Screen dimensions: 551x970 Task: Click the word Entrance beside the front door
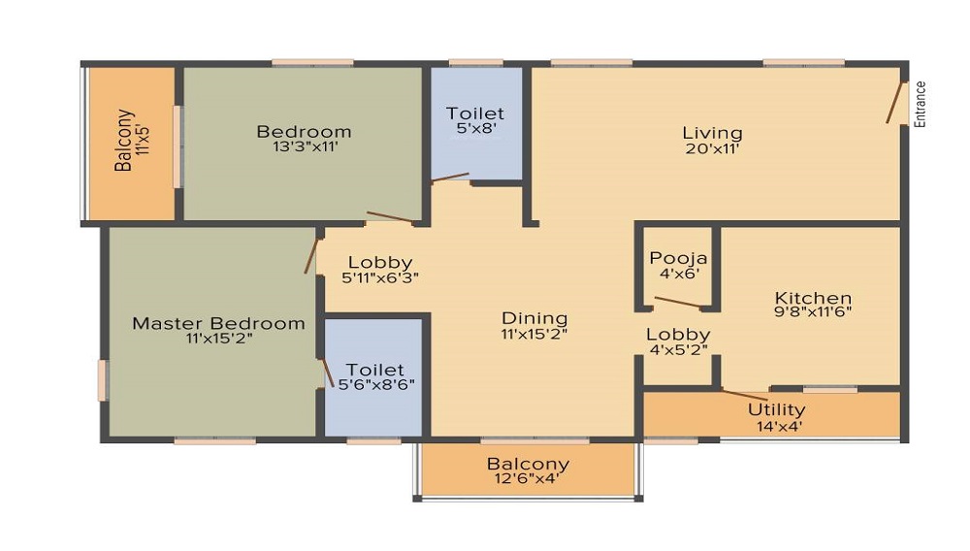921,104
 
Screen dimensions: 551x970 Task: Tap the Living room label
712,133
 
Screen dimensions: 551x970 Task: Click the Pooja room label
679,259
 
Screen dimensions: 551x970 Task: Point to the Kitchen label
813,299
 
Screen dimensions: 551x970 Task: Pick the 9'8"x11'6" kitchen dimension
813,314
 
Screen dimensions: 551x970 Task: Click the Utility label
776,409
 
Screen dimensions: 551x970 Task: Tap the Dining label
534,318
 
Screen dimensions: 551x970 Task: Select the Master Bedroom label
218,323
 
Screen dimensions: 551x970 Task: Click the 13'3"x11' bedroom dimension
304,147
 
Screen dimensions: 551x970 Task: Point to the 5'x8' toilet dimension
475,127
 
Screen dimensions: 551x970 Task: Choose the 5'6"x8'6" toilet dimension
375,384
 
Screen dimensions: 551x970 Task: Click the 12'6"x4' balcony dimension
527,477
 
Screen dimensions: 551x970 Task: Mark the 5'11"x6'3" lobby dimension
380,277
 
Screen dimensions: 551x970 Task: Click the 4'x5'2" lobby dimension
679,350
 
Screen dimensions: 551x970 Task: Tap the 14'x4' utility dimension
776,425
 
